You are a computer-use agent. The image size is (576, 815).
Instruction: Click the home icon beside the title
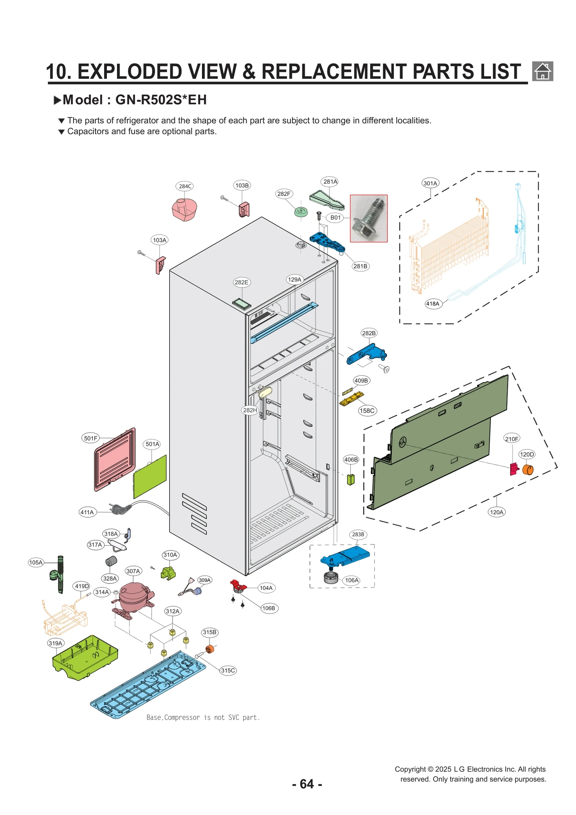542,71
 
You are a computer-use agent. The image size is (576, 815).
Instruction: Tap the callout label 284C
185,186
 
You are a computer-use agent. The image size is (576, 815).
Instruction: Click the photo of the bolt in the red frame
369,218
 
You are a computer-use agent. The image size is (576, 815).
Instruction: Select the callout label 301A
430,183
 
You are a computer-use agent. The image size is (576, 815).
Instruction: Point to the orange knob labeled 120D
527,469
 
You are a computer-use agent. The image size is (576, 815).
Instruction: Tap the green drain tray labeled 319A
85,658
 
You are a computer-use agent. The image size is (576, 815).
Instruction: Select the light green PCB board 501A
150,476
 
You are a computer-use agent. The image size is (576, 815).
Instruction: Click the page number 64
307,784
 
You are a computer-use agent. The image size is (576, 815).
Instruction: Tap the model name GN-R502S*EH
161,100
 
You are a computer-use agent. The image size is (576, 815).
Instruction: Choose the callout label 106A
351,580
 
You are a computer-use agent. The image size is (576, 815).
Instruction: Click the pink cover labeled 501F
114,460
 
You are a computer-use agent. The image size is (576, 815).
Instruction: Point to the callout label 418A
433,304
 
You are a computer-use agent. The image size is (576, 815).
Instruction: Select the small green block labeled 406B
351,479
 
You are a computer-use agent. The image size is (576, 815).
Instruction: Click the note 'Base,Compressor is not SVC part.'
203,717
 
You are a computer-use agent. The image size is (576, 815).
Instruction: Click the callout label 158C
367,411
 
